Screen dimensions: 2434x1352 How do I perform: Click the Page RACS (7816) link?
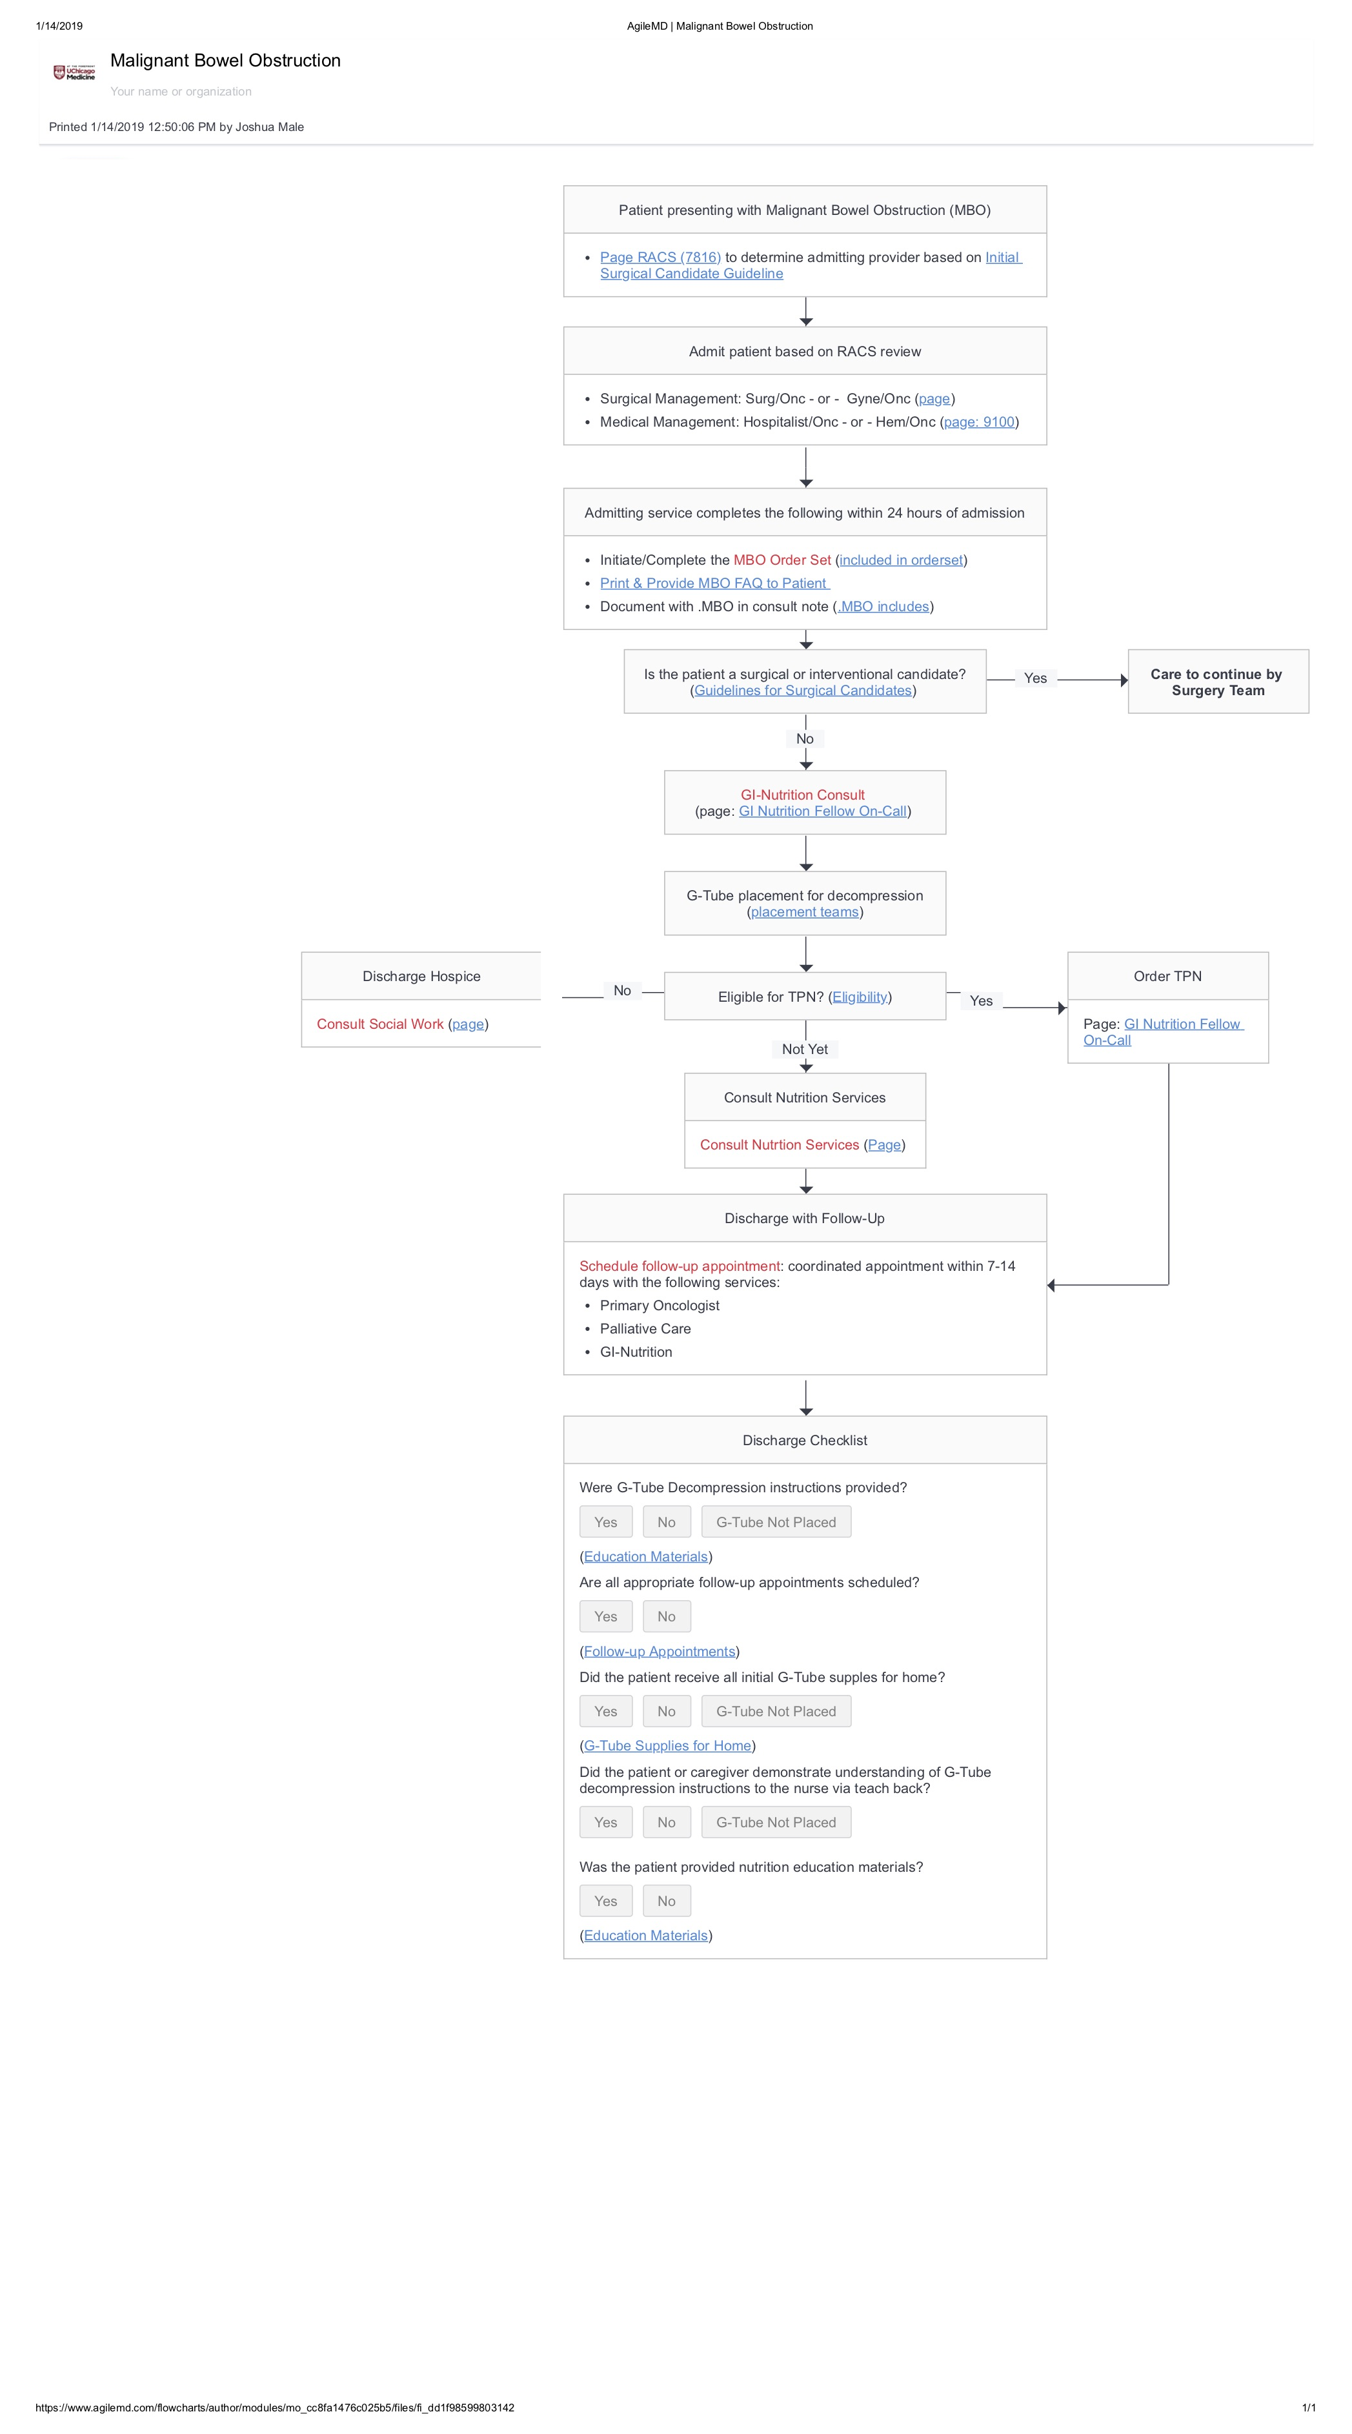660,257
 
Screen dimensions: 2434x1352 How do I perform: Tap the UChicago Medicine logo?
74,73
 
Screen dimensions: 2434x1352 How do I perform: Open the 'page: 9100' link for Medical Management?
979,421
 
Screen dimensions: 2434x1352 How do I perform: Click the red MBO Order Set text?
782,560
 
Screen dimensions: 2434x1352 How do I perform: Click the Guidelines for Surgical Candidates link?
802,690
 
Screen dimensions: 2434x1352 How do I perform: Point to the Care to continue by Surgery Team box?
1217,681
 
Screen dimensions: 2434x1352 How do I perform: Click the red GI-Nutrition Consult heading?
802,795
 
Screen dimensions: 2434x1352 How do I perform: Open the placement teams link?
804,912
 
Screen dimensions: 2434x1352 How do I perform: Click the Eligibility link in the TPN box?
859,997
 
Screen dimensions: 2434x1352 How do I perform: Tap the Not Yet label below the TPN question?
804,1049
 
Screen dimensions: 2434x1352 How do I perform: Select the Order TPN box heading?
1167,976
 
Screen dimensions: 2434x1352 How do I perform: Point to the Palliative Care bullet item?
645,1328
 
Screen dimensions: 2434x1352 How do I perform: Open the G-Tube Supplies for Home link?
667,1745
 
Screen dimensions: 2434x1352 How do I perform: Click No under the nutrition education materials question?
666,1900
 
